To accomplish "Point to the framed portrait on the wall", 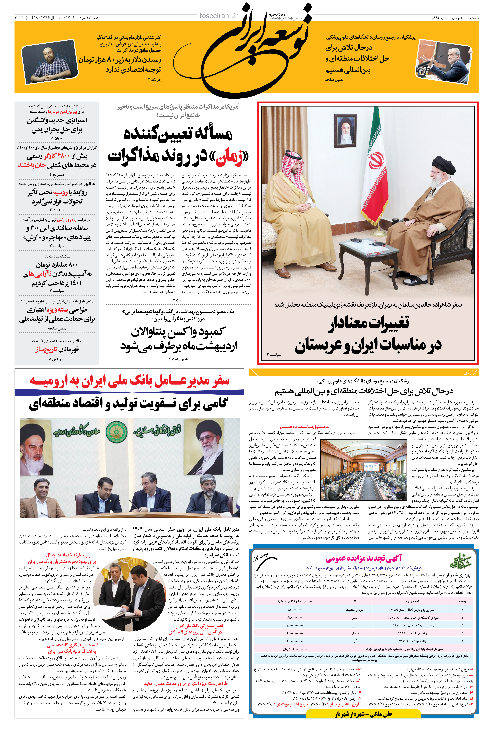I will (345, 129).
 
